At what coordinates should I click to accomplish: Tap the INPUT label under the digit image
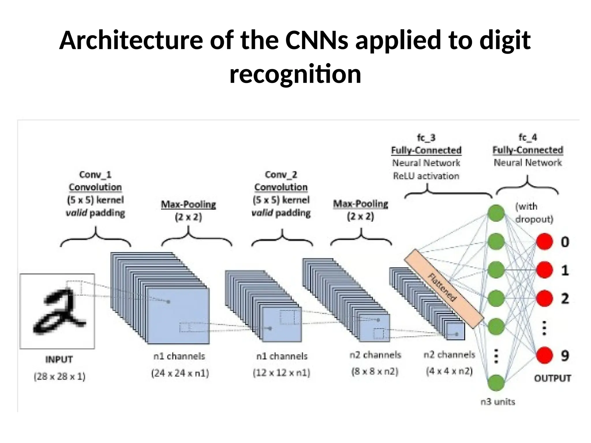tap(59, 359)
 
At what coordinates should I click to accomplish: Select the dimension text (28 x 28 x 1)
tap(60, 376)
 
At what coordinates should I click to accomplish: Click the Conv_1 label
tap(95, 174)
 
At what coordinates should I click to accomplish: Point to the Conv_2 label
tap(281, 174)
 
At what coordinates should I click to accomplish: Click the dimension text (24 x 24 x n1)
tap(180, 373)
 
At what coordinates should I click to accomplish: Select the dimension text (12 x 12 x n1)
tap(281, 373)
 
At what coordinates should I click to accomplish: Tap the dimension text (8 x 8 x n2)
tap(375, 371)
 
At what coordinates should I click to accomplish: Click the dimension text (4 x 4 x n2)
tap(449, 371)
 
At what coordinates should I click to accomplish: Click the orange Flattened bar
tap(443, 288)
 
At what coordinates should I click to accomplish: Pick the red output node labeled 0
tap(544, 242)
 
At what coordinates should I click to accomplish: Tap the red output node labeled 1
tap(544, 270)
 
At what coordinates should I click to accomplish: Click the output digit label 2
tap(565, 298)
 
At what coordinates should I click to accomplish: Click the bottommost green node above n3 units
tap(496, 383)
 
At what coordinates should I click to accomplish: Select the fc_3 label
tap(426, 138)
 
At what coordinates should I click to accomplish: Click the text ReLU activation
tap(426, 176)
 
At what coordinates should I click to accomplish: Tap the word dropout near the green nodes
tap(534, 219)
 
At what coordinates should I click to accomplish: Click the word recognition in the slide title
tap(295, 74)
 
